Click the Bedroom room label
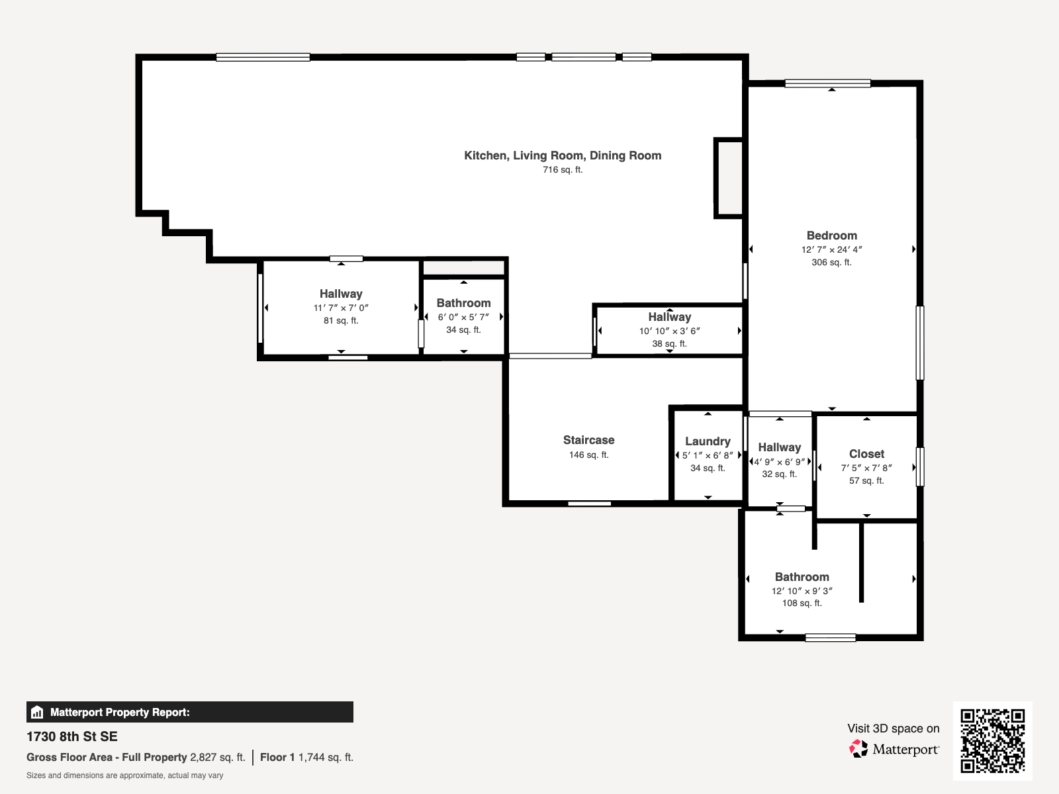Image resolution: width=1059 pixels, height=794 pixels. (832, 236)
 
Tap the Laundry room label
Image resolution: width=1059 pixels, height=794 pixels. (708, 441)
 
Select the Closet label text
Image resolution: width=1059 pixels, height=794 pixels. (866, 454)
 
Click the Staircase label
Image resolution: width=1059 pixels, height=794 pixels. (588, 439)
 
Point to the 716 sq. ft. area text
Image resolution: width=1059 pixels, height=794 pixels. (563, 169)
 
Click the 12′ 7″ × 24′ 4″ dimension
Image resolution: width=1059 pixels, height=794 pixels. (832, 249)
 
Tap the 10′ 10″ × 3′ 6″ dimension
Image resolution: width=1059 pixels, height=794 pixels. (670, 331)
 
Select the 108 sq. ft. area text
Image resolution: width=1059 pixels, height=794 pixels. (802, 603)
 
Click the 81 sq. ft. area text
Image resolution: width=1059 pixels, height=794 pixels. (341, 321)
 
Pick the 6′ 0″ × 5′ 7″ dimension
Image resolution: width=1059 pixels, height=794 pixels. (464, 317)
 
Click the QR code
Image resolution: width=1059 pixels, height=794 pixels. (992, 740)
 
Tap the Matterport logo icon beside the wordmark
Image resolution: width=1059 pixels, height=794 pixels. (858, 749)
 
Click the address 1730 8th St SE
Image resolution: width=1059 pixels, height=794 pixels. (72, 736)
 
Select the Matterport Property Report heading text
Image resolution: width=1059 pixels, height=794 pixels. (120, 712)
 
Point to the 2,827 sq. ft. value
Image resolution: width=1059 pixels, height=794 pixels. (218, 758)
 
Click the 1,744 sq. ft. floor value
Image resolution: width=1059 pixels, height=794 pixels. (326, 758)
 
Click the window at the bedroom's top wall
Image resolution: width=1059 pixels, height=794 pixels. (827, 83)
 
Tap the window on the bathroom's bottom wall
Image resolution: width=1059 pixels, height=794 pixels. (830, 637)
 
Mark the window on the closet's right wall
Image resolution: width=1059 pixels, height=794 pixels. (920, 466)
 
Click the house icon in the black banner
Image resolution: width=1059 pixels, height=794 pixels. (37, 712)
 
